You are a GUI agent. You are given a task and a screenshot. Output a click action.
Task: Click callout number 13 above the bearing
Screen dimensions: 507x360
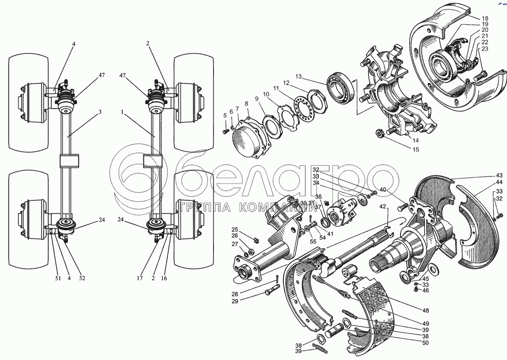coord(299,77)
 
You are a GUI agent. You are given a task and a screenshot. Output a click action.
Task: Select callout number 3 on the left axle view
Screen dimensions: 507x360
coord(100,111)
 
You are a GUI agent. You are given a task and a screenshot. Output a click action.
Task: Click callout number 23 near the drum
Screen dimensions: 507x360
coord(485,49)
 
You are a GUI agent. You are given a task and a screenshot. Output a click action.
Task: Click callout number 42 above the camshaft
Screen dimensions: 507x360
coord(383,206)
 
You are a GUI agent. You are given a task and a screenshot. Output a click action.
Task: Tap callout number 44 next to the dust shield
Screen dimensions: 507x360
coord(499,182)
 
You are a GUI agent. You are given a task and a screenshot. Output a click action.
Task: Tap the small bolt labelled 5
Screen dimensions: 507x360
coord(225,131)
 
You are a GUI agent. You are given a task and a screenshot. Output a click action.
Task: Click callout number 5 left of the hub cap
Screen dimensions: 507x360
coord(225,116)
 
